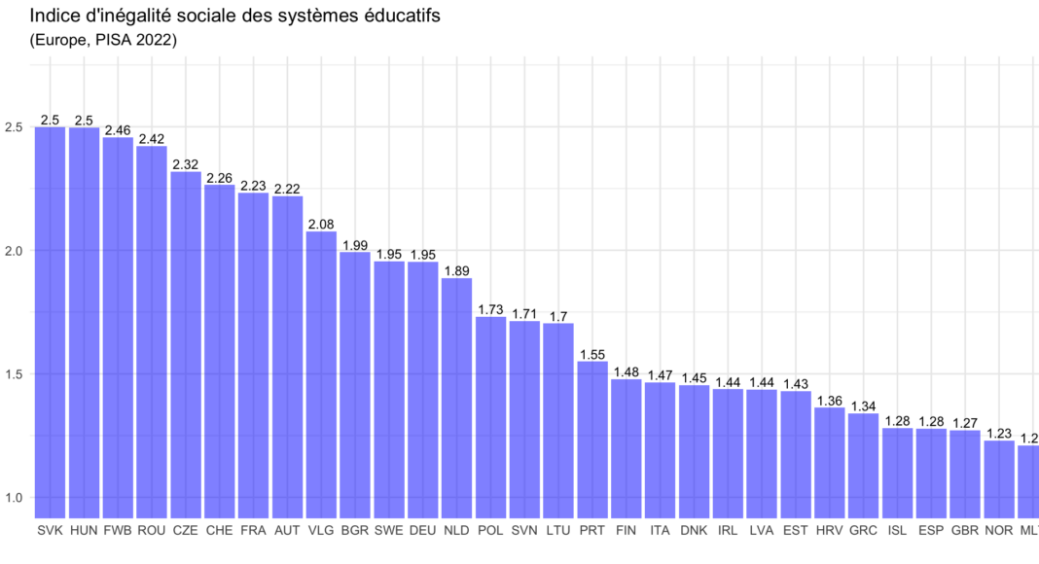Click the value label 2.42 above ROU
tap(152, 139)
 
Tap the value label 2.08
tap(321, 225)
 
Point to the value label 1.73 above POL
tap(490, 309)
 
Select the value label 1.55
tap(592, 355)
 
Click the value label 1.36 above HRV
tap(830, 401)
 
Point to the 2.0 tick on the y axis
tap(14, 251)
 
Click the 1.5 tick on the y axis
tap(14, 374)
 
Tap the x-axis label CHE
tap(220, 531)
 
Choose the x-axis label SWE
tap(389, 531)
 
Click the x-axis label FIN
tap(627, 531)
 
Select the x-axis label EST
tap(796, 531)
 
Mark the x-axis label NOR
tap(999, 531)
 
